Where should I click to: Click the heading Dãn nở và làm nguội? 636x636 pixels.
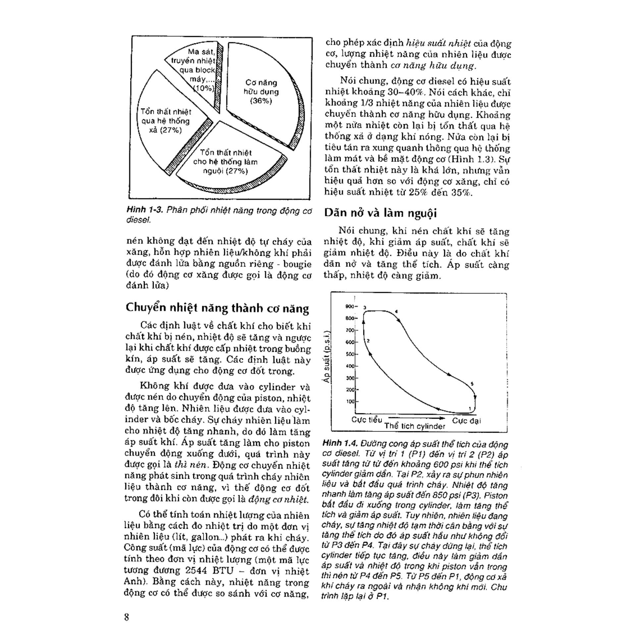[x=380, y=213]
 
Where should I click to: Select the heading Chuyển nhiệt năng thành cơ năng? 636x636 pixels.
[x=217, y=308]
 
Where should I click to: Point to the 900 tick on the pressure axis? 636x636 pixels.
[x=350, y=306]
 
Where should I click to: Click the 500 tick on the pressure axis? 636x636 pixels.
[x=350, y=354]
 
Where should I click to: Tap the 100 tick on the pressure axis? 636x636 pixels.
[x=350, y=401]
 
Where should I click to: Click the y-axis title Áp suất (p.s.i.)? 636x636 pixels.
[x=327, y=356]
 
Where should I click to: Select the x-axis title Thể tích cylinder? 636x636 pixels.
[x=415, y=426]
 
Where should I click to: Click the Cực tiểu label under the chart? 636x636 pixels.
[x=367, y=420]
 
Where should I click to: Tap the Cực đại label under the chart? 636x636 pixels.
[x=466, y=420]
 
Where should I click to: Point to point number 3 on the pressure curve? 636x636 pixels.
[x=365, y=308]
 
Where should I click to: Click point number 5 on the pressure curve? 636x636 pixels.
[x=472, y=384]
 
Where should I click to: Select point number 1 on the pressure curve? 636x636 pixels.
[x=469, y=408]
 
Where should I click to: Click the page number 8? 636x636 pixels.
[x=127, y=617]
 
